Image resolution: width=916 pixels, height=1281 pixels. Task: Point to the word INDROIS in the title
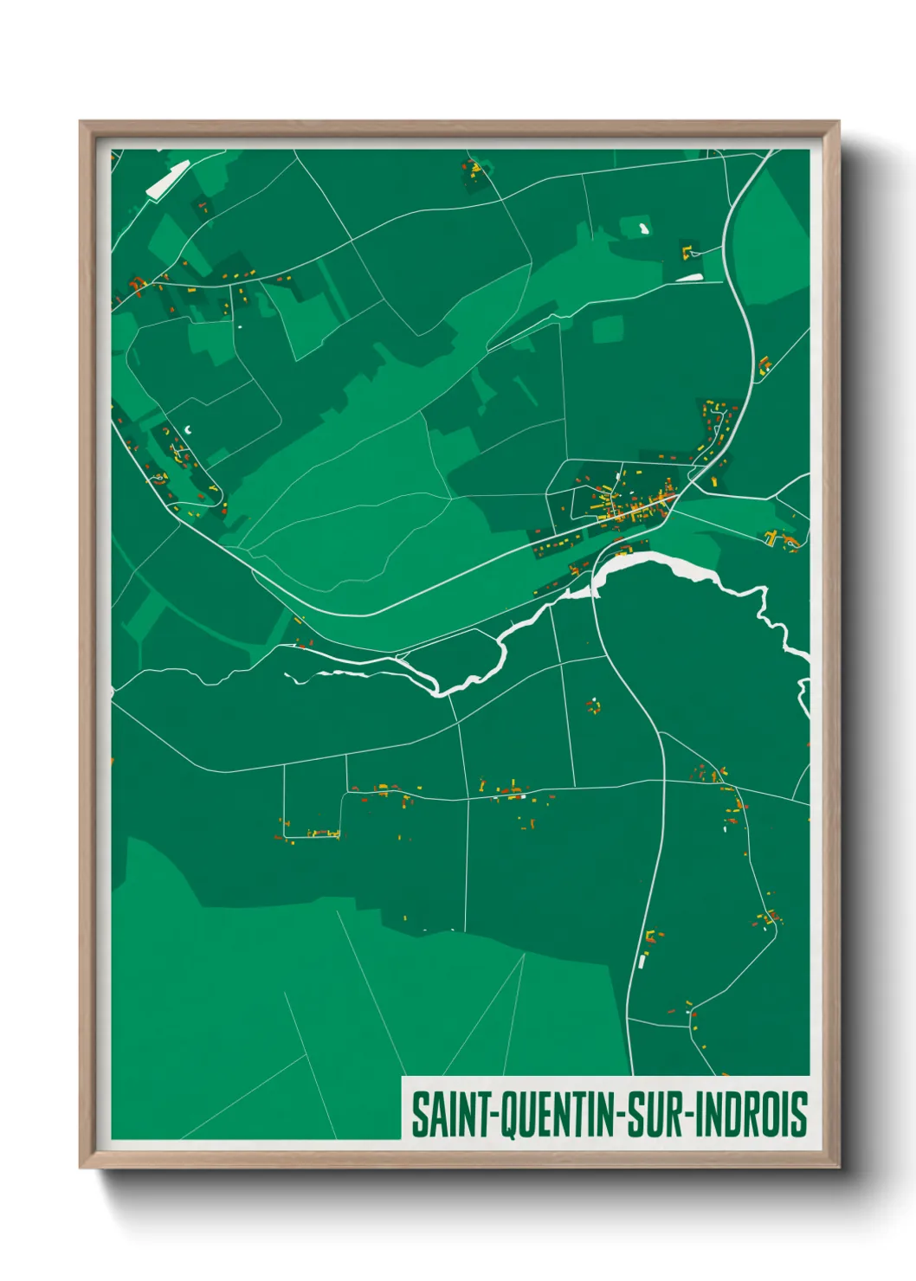(x=751, y=1115)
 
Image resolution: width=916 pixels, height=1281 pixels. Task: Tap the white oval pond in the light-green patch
(x=643, y=229)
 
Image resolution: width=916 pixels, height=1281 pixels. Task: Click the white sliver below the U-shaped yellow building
(x=689, y=277)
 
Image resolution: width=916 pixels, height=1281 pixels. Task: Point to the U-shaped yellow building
(x=689, y=252)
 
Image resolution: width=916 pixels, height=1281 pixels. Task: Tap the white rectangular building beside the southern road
(x=642, y=959)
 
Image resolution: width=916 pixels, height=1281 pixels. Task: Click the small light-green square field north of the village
(x=608, y=329)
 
